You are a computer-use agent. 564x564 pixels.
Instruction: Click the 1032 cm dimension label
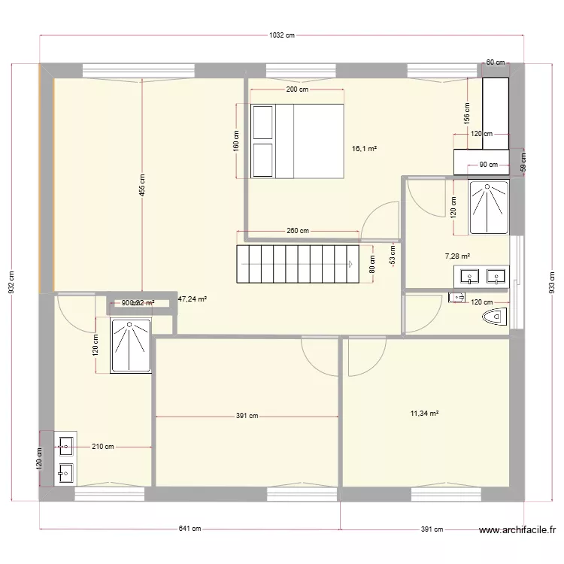coord(280,35)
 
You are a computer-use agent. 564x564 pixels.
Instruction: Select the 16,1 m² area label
coord(364,149)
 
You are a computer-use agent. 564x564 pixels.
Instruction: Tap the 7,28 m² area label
coord(457,256)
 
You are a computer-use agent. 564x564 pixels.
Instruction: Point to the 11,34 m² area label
coord(425,413)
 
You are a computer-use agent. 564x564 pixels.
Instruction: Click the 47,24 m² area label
coord(193,299)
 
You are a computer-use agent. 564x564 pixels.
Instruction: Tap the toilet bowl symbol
coord(495,317)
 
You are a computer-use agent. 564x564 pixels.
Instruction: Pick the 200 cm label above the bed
coord(298,89)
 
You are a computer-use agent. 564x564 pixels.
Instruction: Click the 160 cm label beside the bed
coord(236,141)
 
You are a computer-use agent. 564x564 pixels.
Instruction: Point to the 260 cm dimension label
coord(298,231)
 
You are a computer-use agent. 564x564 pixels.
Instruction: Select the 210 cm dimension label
coord(103,447)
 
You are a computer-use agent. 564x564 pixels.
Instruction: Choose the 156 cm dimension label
coord(467,113)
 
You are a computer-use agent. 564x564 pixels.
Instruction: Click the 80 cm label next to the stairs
coord(371,264)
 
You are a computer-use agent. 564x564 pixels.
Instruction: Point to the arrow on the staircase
coord(350,264)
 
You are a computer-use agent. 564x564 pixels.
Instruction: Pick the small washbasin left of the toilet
coord(457,299)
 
